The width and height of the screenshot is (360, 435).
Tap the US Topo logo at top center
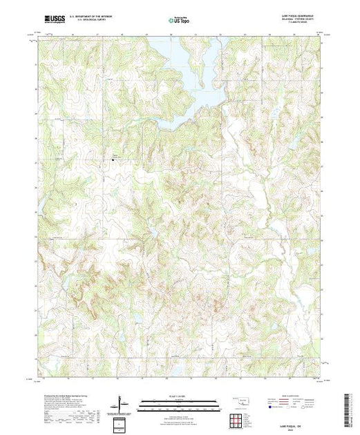[x=180, y=20]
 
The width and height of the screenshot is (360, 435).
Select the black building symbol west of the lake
[x=114, y=159]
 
